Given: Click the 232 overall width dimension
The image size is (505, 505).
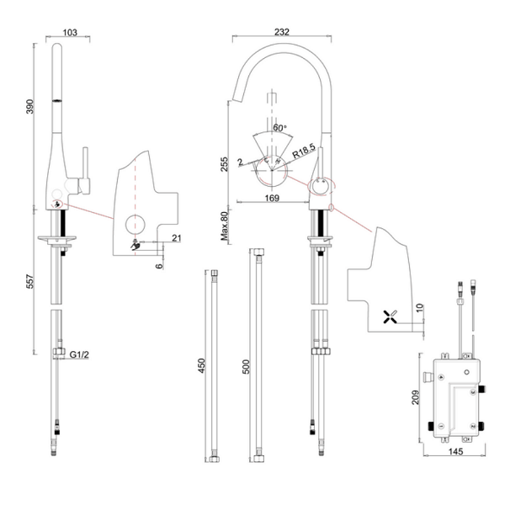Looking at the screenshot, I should tap(282, 32).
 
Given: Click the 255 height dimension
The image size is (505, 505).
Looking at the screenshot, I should tap(224, 165).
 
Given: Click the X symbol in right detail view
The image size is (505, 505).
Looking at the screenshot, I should tap(389, 317).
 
